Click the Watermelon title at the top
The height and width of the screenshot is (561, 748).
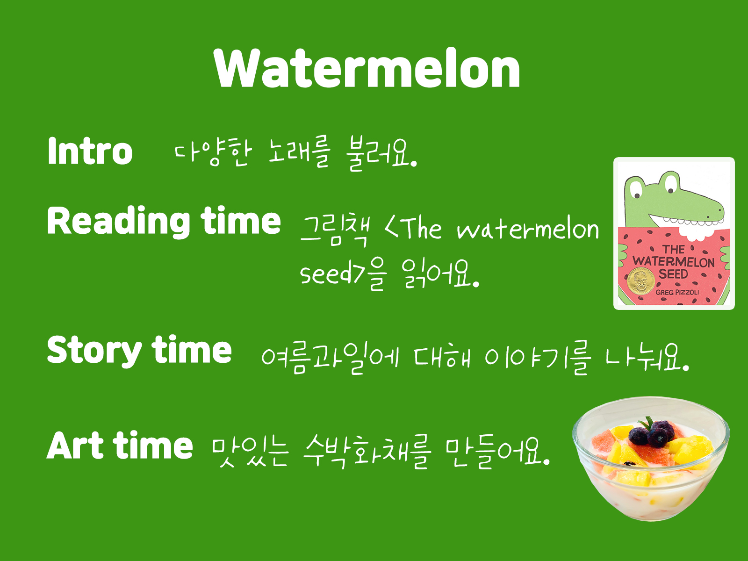pyautogui.click(x=367, y=68)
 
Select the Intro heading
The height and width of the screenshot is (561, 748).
pyautogui.click(x=90, y=151)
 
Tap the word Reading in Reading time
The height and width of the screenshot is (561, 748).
pyautogui.click(x=118, y=222)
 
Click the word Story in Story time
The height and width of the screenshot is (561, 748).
pyautogui.click(x=94, y=351)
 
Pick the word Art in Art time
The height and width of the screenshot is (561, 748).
pyautogui.click(x=75, y=445)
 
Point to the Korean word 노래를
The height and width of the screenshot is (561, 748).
pyautogui.click(x=299, y=152)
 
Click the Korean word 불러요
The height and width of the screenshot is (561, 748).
pyautogui.click(x=381, y=153)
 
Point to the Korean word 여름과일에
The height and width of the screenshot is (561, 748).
pyautogui.click(x=330, y=358)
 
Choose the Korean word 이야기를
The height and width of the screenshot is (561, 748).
pyautogui.click(x=538, y=358)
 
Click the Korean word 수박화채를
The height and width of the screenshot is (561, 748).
pyautogui.click(x=367, y=452)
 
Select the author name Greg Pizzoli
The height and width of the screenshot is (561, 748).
pyautogui.click(x=677, y=292)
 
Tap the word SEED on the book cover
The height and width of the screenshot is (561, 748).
pyautogui.click(x=673, y=274)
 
